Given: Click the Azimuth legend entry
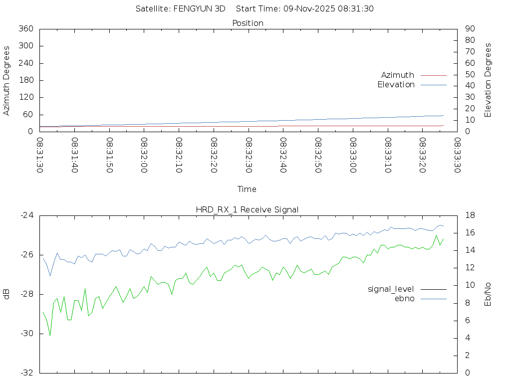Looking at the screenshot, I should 398,75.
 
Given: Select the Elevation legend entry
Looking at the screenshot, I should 396,85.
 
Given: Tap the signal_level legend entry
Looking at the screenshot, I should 391,289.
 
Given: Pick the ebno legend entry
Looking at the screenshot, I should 405,299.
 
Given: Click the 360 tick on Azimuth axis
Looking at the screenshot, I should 26,29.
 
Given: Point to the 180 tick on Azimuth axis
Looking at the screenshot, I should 26,80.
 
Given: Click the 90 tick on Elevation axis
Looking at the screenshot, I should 469,29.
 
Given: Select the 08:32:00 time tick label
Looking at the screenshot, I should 145,155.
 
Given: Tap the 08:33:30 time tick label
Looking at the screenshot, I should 457,155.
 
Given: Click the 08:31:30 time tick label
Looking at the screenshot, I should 40,155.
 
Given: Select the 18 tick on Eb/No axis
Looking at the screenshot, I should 470,215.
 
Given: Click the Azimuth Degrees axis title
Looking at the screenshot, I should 7,80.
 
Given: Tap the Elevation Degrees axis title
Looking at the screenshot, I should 488,80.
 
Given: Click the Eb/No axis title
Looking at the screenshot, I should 488,294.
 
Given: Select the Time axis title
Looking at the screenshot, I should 247,190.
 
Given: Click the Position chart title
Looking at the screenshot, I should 248,23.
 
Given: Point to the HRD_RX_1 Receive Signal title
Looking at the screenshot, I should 248,209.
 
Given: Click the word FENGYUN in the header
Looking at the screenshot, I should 192,8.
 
